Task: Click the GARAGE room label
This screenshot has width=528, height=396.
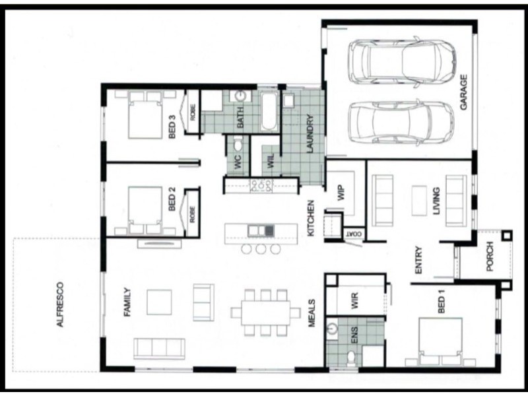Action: click(464, 92)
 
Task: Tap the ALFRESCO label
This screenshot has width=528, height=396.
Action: click(60, 304)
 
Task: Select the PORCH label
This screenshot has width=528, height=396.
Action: click(490, 256)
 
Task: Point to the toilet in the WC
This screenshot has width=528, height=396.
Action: click(238, 145)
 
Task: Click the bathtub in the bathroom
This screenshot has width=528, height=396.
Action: click(269, 112)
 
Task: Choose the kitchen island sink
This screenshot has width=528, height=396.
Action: click(261, 230)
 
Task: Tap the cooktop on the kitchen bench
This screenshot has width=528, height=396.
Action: click(261, 185)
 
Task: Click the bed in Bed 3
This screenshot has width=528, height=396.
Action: click(145, 115)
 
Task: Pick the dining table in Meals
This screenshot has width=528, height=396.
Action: click(265, 313)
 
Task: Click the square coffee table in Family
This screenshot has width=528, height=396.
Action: click(159, 302)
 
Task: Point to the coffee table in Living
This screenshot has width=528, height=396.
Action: click(419, 201)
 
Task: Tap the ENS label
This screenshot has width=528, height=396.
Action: click(354, 335)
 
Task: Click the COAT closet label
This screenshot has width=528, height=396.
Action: click(352, 234)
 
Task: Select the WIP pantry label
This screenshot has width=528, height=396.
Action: click(341, 193)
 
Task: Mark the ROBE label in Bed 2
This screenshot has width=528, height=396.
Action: click(192, 214)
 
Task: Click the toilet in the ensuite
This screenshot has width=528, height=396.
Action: click(351, 358)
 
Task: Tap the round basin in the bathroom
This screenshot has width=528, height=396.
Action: click(240, 96)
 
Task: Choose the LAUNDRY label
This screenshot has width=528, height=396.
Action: click(310, 134)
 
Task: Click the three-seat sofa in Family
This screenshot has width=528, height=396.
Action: click(159, 348)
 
